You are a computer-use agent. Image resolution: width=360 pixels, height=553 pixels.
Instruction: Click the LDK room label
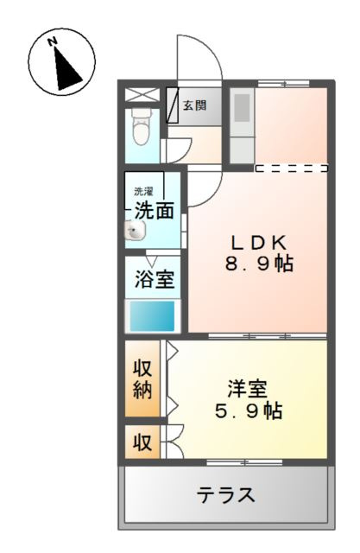click(x=257, y=241)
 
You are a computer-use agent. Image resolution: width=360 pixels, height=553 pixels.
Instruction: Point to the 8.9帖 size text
click(x=259, y=264)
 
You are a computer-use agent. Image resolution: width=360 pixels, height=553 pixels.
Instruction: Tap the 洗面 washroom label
click(x=155, y=209)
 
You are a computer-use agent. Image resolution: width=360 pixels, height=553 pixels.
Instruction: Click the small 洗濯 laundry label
click(x=142, y=190)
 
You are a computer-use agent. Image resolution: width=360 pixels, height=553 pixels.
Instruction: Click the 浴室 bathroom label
click(x=155, y=280)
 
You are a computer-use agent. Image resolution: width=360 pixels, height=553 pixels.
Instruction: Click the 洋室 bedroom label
click(x=247, y=388)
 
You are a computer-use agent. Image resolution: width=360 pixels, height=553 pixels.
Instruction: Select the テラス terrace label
click(x=226, y=496)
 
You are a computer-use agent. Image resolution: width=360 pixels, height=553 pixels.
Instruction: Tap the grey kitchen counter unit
click(x=241, y=122)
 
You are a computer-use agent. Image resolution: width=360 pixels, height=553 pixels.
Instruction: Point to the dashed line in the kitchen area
click(x=291, y=168)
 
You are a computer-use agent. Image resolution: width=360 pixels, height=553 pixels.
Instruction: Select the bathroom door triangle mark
click(x=151, y=261)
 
